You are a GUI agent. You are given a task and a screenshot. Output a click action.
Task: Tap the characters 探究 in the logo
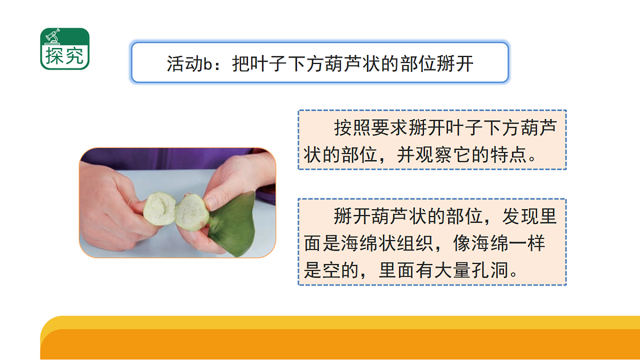(65, 56)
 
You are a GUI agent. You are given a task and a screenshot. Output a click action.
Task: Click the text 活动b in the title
(189, 63)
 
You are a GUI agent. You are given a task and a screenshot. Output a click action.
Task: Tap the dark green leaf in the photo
(235, 229)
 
